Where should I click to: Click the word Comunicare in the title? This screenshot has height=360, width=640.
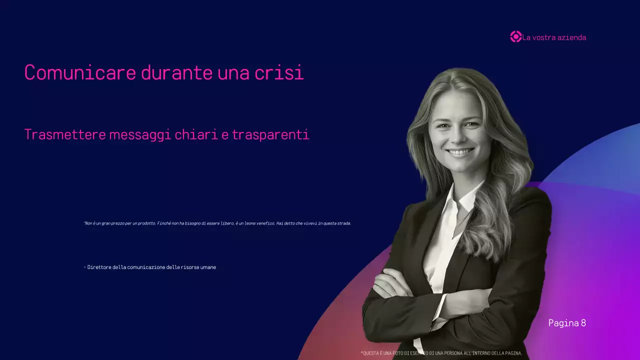pos(80,73)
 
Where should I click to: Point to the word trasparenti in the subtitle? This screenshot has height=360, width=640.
pos(270,135)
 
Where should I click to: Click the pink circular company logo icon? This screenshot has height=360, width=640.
pos(515,36)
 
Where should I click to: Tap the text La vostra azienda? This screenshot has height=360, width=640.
pos(554,37)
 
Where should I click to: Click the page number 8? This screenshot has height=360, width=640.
pos(583,323)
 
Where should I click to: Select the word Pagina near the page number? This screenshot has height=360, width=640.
pos(563,323)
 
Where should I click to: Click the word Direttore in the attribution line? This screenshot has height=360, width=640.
pos(99,267)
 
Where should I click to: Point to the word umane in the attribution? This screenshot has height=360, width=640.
pos(208,267)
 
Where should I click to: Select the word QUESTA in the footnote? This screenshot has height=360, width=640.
pos(371,353)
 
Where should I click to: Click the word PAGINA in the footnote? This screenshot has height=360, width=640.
pos(513,353)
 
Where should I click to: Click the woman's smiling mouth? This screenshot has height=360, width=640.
pos(459,151)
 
